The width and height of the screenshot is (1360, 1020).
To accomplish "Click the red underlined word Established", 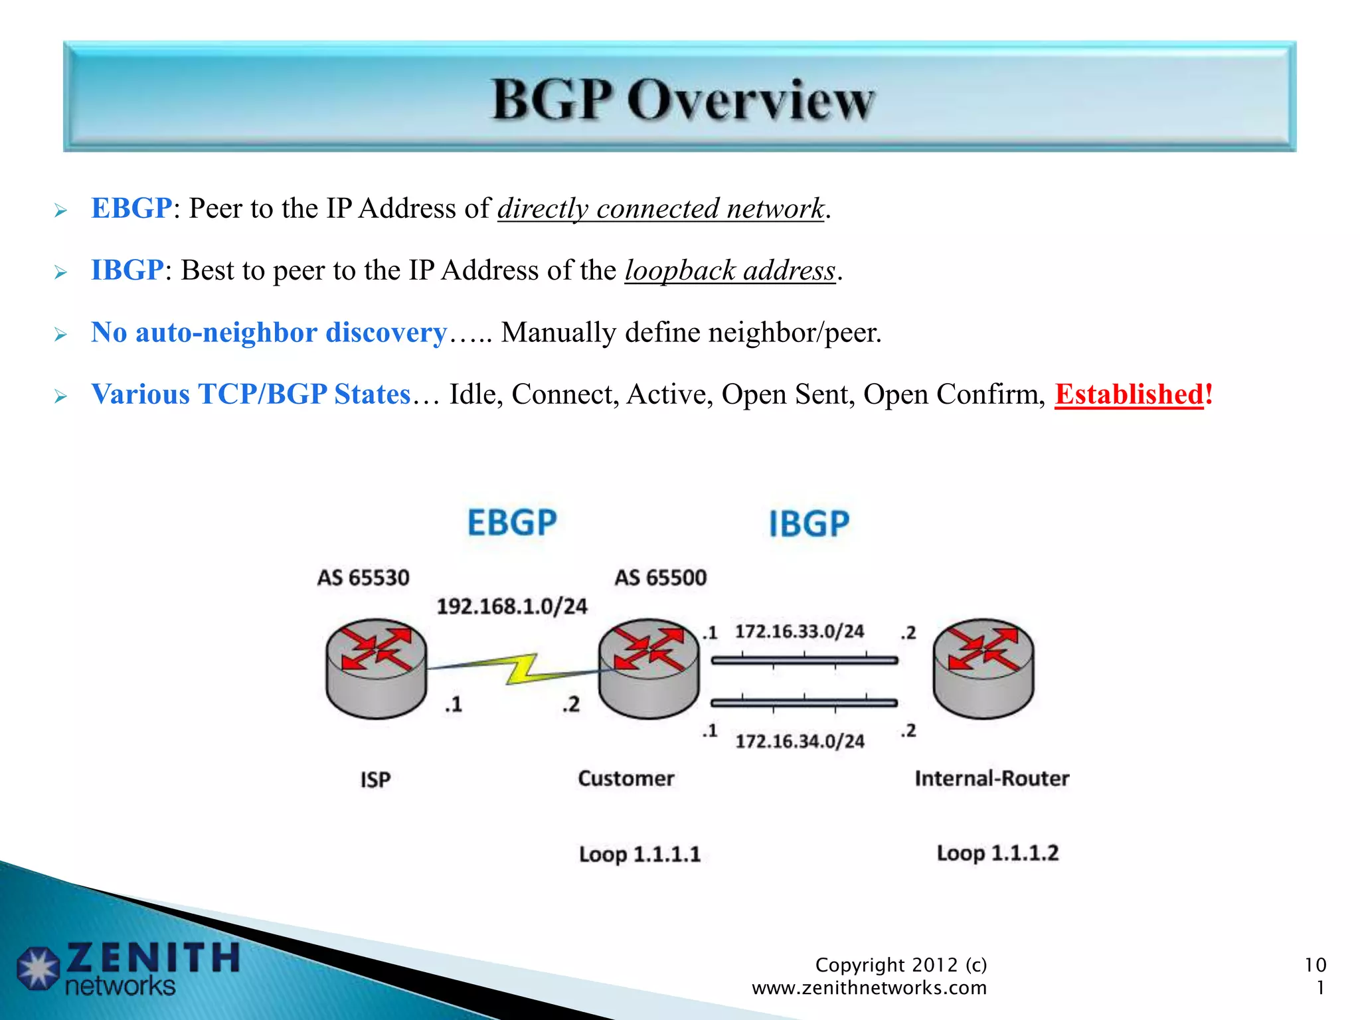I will coord(1128,394).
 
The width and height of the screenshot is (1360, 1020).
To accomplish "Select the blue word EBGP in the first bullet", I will coord(131,209).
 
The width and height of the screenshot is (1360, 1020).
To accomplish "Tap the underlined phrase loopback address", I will coord(729,270).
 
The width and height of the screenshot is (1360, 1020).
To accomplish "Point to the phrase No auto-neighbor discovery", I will coord(269,332).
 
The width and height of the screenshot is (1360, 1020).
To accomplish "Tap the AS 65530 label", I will coord(363,577).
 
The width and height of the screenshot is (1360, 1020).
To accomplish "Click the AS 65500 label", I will coord(660,577).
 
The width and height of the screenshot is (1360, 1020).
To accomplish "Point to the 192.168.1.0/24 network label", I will coord(511,606).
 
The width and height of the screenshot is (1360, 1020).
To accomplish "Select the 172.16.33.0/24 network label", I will coord(799,631).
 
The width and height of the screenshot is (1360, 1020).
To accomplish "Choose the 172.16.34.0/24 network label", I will coord(799,740).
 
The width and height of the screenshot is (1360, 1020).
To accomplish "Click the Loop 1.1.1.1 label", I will coord(639,853).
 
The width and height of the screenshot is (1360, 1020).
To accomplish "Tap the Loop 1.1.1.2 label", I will coord(997,853).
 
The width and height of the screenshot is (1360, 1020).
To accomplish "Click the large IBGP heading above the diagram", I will coord(809,523).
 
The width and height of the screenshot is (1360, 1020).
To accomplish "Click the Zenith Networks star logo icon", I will coord(39,968).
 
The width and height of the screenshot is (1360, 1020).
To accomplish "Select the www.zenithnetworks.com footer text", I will coord(869,987).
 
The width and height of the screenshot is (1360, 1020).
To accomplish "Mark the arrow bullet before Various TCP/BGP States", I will coord(60,396).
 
